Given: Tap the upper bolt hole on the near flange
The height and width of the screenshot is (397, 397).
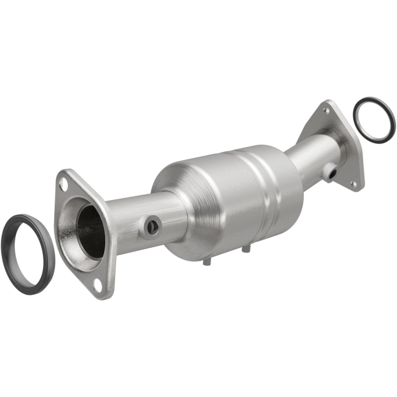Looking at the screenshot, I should click(x=63, y=184).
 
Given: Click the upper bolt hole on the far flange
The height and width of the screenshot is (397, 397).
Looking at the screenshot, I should click(x=326, y=110).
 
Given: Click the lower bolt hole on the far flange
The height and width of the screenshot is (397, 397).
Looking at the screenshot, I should click(x=354, y=183).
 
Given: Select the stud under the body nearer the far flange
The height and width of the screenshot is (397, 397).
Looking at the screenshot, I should click(x=244, y=249).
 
